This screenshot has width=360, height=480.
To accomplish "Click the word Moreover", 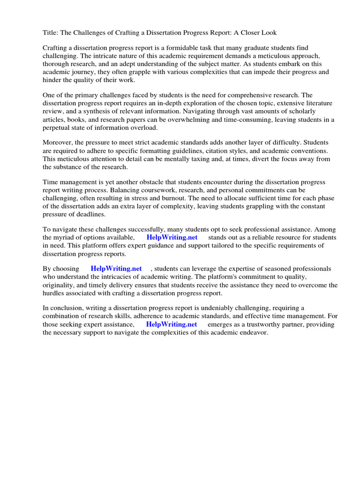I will (59, 142).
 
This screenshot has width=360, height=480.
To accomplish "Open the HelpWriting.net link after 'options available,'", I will (172, 238).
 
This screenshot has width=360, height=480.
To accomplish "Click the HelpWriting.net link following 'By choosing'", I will (116, 269).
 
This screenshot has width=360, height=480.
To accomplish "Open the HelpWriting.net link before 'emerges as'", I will (172, 324).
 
